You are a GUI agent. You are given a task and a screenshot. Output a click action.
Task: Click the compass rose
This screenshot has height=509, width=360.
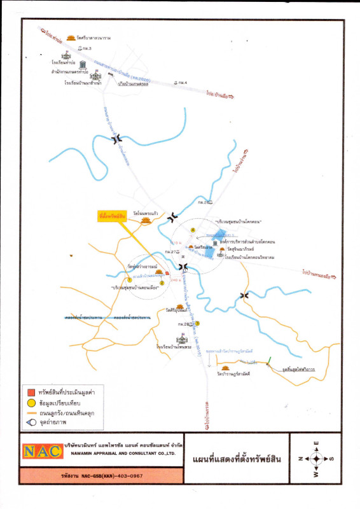point(316,458)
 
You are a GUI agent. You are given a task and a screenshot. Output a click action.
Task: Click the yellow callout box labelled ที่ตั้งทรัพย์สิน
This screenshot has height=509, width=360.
point(113,216)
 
